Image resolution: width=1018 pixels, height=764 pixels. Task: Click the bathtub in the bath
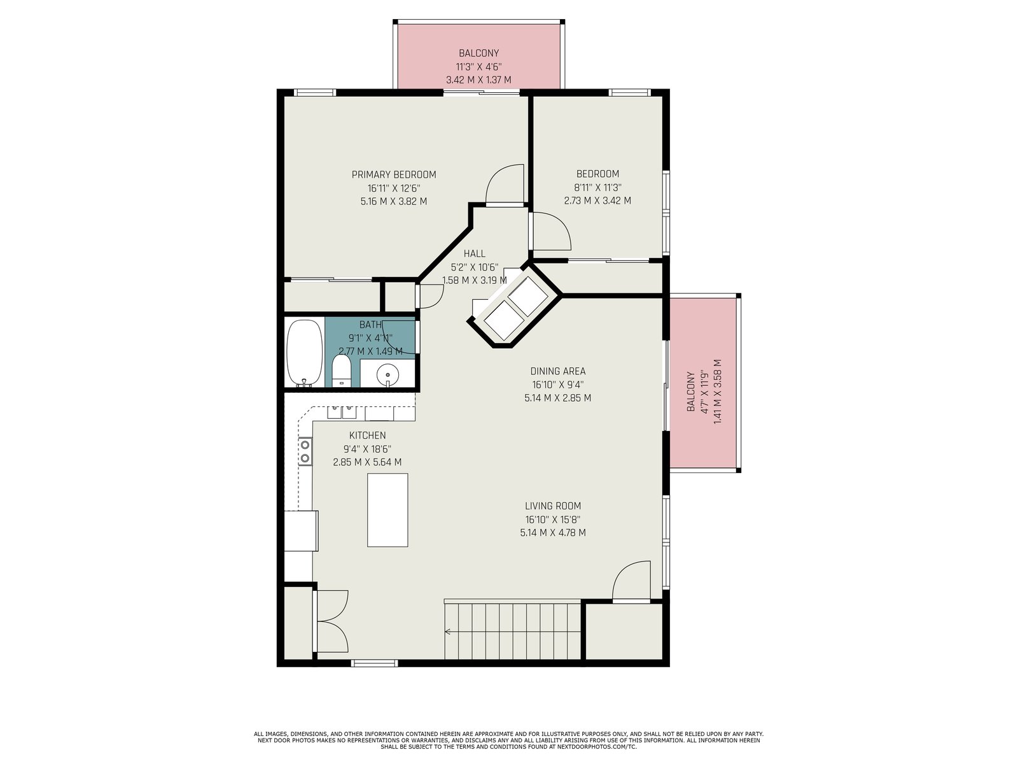coord(304,353)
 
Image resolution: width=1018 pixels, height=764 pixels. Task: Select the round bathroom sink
coord(387,374)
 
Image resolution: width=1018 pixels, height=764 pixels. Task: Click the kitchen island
coord(387,510)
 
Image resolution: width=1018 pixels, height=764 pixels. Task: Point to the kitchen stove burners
coord(305,451)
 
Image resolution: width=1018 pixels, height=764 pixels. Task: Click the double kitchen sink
coord(342,412)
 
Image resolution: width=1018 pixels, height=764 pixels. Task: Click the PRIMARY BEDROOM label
coord(394,174)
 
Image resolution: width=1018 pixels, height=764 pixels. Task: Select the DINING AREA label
coord(558,371)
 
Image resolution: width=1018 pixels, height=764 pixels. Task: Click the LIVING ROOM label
coord(553,506)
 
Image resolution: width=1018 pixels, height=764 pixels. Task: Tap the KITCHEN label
coord(367,435)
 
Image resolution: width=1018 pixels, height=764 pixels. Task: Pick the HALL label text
coord(475,253)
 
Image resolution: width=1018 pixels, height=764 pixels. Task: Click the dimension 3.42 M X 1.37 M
coord(478,80)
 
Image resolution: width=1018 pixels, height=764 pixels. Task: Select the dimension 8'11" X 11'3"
coord(597,187)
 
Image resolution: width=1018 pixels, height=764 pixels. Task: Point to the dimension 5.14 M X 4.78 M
coord(553,532)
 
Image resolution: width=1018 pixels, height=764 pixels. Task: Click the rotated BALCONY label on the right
coord(691,392)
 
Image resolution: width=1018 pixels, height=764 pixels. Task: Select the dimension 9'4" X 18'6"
coord(367,449)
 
